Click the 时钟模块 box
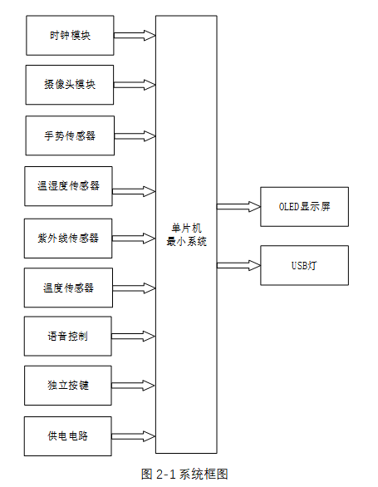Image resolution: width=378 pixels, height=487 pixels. tap(70, 36)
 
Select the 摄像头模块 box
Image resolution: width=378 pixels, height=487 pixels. tap(70, 85)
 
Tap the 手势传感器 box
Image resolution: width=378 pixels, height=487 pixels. tap(70, 135)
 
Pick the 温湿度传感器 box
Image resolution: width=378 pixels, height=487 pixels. tap(70, 186)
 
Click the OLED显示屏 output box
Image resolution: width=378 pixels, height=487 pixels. tap(304, 207)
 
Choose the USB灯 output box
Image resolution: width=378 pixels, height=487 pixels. tap(304, 266)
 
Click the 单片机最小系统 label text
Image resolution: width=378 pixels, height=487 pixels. tap(186, 235)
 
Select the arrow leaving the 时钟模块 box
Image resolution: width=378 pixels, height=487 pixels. tap(134, 36)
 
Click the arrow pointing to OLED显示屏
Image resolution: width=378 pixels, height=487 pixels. tap(238, 207)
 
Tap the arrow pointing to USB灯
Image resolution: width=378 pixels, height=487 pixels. tap(238, 266)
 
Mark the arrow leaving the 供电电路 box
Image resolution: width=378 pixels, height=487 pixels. tap(134, 436)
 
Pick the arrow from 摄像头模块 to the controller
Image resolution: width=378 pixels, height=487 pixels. tap(134, 85)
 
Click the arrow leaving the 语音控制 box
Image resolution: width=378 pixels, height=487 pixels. tap(134, 337)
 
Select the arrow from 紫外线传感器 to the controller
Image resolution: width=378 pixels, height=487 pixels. tap(134, 238)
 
